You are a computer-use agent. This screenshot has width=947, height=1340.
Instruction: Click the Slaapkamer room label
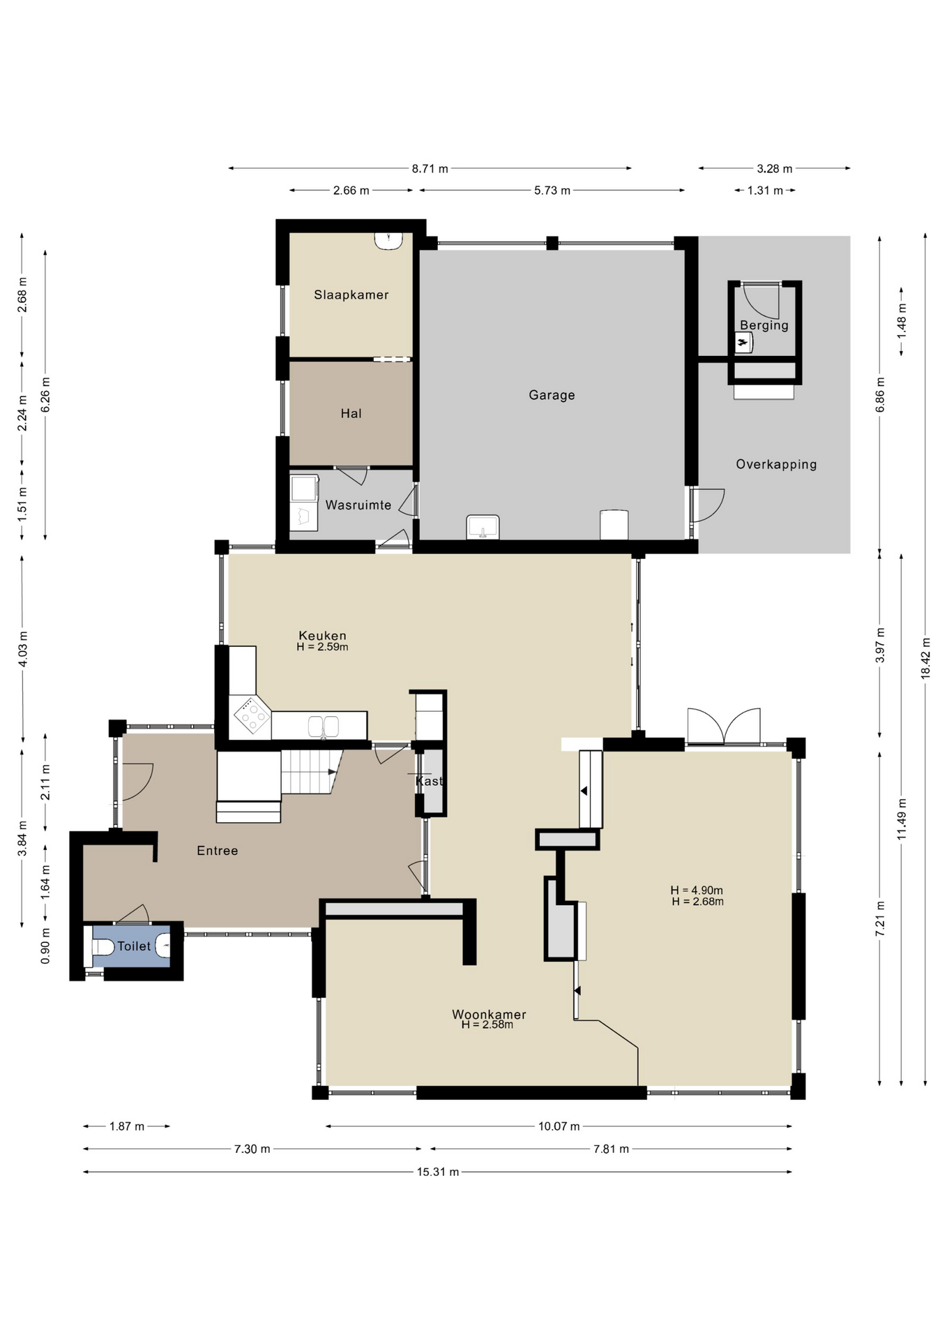tap(351, 295)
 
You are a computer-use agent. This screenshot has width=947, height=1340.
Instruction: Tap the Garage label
tap(552, 395)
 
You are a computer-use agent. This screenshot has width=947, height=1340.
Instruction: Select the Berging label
tap(764, 325)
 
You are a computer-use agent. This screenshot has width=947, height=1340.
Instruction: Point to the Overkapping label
tap(776, 464)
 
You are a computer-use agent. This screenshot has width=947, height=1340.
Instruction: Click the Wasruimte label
tap(358, 505)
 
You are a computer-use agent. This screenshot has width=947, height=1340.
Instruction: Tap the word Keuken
tap(322, 635)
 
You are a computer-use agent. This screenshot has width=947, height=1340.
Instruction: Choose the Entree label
tap(218, 851)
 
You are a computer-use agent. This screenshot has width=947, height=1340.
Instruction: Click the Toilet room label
tap(134, 946)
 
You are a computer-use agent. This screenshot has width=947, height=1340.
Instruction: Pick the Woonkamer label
tap(489, 1014)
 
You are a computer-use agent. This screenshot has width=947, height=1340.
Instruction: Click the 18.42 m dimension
tap(925, 658)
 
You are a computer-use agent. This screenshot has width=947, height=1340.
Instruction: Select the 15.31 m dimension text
tap(438, 1172)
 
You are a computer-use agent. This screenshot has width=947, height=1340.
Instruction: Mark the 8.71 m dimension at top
tap(430, 168)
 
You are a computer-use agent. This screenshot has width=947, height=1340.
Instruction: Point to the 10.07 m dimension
tap(559, 1126)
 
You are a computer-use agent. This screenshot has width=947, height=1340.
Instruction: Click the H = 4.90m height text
tap(697, 890)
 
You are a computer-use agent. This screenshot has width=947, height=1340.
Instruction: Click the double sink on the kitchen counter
tap(324, 727)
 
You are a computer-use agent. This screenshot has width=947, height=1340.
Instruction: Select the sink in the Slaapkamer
tap(388, 240)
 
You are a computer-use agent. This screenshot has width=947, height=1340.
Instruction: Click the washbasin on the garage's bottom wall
tap(483, 527)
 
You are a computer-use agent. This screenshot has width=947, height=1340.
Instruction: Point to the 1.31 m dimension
tap(765, 190)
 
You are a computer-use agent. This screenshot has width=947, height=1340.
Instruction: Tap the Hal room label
tap(351, 413)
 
